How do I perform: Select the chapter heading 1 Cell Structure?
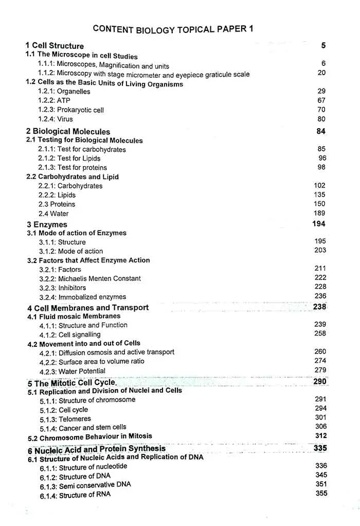[55, 46]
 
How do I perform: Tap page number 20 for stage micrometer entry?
[321, 73]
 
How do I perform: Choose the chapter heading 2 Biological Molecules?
[68, 132]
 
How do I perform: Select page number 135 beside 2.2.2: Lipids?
[319, 195]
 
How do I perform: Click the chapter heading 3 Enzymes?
[47, 224]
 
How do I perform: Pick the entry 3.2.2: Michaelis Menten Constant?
[89, 278]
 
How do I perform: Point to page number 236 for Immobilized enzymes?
[320, 296]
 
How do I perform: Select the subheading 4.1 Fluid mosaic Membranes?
[74, 317]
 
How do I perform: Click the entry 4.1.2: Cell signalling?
[70, 335]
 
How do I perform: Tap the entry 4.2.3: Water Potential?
[72, 371]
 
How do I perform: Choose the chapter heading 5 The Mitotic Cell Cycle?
[72, 383]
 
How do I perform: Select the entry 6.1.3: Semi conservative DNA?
[85, 485]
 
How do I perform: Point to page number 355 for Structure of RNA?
[321, 493]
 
